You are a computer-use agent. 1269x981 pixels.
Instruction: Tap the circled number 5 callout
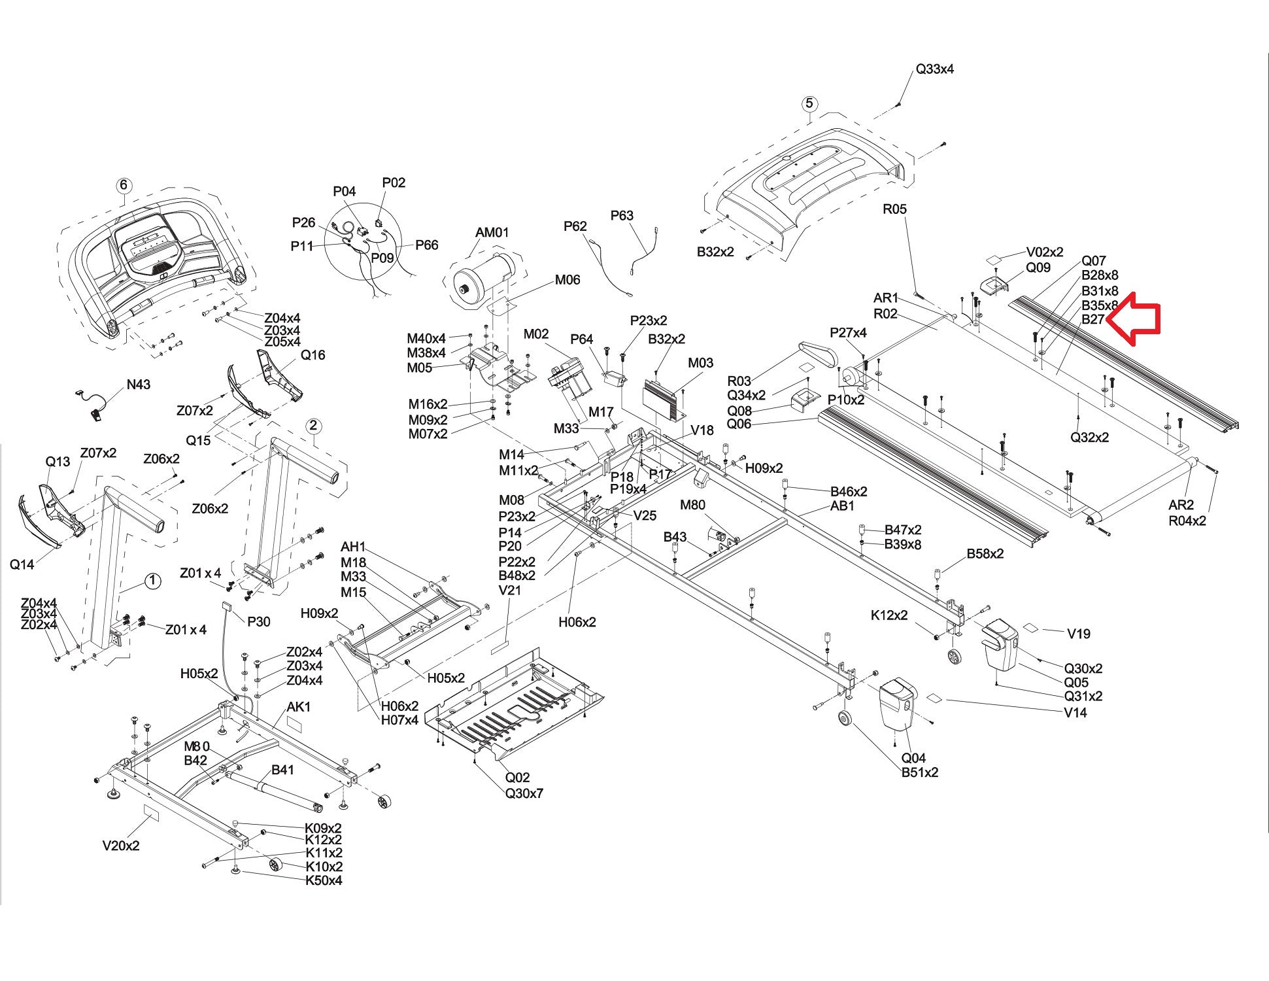(809, 103)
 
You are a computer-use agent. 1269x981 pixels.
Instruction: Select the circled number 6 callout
(124, 185)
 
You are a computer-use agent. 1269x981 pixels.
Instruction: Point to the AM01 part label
(492, 232)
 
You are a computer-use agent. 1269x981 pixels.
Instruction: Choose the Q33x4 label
(934, 69)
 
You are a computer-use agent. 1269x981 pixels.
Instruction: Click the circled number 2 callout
(313, 426)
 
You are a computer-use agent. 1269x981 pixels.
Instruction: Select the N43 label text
(137, 384)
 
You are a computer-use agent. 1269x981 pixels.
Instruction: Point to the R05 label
(894, 209)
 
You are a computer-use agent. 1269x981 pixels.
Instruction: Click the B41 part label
(282, 770)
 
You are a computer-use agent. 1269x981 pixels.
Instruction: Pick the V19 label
(1079, 633)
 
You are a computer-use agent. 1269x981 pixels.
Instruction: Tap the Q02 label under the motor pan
(517, 778)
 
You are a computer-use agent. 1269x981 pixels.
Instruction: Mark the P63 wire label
(622, 215)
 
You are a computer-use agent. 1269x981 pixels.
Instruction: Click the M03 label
(700, 363)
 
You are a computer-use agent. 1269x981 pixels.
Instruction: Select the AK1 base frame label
(299, 707)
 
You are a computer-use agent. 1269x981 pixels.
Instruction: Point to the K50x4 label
(324, 880)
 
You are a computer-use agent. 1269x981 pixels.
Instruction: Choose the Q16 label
(313, 355)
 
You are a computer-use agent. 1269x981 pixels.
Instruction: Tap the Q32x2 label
(1089, 438)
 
